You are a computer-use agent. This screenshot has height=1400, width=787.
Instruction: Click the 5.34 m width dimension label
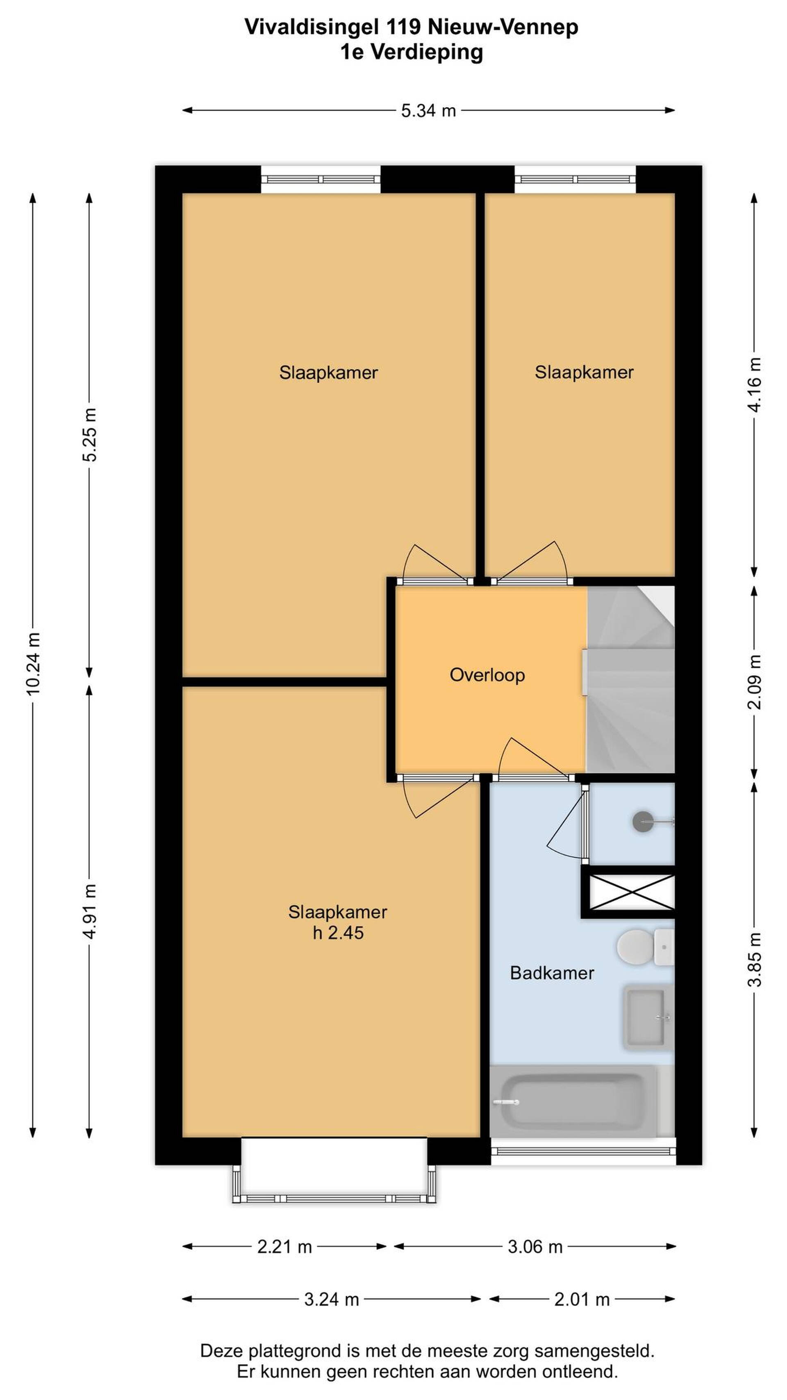tap(428, 111)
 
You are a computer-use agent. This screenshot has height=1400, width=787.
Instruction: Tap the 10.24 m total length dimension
tap(33, 664)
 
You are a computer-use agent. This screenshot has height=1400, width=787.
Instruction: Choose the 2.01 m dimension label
tap(582, 1300)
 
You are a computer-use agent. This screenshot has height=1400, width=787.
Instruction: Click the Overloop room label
tap(487, 675)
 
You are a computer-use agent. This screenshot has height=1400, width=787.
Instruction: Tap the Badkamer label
tap(552, 973)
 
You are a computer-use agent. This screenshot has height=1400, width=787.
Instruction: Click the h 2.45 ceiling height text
tap(338, 933)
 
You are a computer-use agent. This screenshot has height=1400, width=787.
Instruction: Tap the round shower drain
tap(643, 821)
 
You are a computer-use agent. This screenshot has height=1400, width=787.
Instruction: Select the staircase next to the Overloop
tap(630, 679)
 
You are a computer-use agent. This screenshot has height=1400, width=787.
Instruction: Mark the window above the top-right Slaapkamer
tap(575, 179)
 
